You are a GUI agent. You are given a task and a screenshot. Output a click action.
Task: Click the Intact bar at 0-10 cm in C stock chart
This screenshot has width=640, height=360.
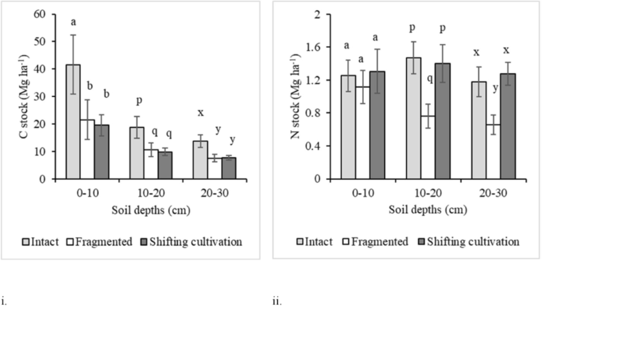(x=73, y=122)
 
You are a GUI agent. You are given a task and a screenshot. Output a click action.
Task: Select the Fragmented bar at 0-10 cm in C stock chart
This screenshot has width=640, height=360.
(x=87, y=149)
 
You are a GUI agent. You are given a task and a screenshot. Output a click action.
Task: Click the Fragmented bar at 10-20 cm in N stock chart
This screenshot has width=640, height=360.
(x=428, y=147)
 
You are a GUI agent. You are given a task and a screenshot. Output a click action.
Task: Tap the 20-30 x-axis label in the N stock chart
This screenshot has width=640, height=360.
(x=493, y=193)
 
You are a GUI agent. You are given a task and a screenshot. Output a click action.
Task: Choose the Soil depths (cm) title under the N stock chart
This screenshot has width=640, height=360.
(x=428, y=210)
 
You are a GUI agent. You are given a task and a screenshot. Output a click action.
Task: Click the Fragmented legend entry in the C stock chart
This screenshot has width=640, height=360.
(x=101, y=242)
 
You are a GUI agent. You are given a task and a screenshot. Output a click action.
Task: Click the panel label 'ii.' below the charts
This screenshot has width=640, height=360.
(x=277, y=302)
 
